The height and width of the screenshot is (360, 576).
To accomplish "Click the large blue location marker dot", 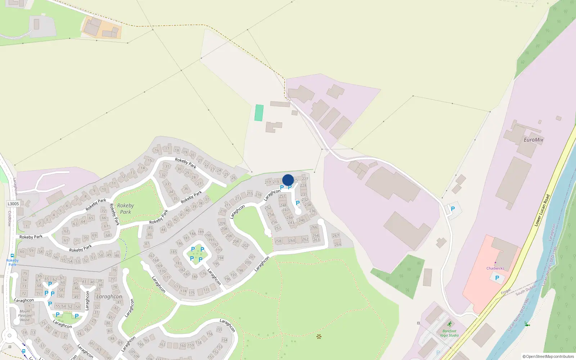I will (x=288, y=180).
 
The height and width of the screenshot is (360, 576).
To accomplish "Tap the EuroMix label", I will (x=534, y=140).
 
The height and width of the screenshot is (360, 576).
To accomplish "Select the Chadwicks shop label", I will (x=495, y=268).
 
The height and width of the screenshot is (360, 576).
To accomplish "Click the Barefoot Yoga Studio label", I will (x=449, y=333).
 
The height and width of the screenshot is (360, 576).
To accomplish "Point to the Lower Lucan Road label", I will (x=542, y=210).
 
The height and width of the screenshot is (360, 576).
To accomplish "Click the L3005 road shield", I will (x=13, y=204).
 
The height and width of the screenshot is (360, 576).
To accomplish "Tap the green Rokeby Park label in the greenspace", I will (x=125, y=209).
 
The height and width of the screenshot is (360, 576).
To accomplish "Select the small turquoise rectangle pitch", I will (x=259, y=113).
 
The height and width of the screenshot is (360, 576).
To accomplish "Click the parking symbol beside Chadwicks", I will (x=497, y=278).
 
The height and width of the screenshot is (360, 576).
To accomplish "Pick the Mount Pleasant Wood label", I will (x=25, y=315).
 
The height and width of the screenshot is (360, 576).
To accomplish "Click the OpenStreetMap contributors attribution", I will (x=548, y=357).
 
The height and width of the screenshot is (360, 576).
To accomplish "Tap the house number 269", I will (x=338, y=244).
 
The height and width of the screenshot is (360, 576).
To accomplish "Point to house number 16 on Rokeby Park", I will (x=157, y=150).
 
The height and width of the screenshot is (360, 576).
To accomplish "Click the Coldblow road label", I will (x=10, y=219).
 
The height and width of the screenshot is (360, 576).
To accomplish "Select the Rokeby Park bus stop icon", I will (x=12, y=256).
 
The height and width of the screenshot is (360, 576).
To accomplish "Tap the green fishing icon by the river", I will (x=527, y=324).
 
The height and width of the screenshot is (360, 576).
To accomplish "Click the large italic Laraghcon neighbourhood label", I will (x=109, y=297).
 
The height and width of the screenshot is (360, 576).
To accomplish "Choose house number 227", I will (x=305, y=179).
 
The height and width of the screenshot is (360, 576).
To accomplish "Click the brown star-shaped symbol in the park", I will (x=319, y=337).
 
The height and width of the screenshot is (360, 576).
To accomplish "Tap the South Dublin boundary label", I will (x=526, y=290).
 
